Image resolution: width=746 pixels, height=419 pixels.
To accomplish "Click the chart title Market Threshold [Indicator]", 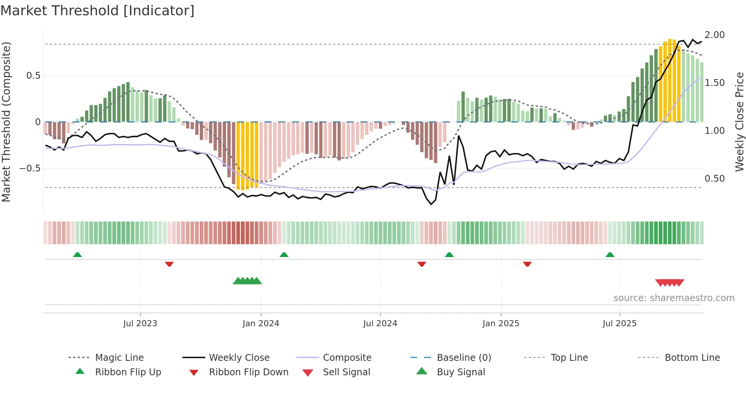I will point(97,11).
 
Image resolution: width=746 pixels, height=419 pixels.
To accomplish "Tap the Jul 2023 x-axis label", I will point(140,324).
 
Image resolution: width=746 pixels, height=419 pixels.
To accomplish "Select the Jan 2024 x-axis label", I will point(261,324).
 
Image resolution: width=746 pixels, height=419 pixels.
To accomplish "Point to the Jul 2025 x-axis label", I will point(619,324).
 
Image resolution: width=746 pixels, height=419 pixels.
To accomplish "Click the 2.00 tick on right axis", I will point(714,35).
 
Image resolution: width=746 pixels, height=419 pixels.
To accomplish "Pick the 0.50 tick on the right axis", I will point(714,179).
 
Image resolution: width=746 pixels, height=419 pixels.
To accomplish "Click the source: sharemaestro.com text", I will point(674,298).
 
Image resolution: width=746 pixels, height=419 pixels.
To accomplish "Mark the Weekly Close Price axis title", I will point(739,122).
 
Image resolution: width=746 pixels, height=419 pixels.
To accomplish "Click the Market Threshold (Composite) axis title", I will point(6,122).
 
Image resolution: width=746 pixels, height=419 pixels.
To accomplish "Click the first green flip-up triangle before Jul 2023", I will point(77,254).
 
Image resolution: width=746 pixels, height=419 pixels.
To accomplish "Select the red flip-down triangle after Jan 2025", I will point(527,264).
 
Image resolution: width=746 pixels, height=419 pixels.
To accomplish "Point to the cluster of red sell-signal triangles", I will point(669,283).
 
